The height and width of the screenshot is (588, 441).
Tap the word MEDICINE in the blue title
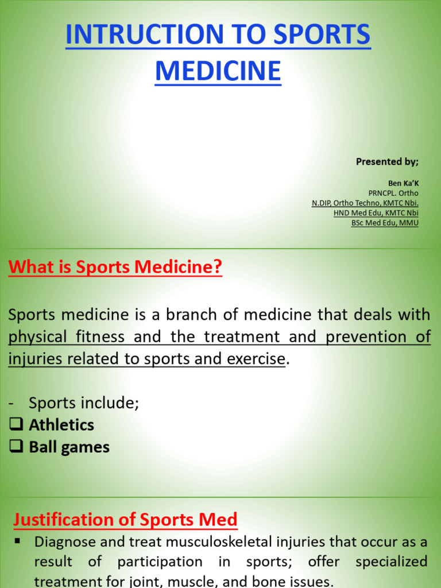pyautogui.click(x=218, y=71)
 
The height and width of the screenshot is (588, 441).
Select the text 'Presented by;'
pyautogui.click(x=387, y=161)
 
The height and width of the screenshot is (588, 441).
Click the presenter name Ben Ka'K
pyautogui.click(x=403, y=183)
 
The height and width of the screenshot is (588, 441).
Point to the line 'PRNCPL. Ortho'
pyautogui.click(x=393, y=193)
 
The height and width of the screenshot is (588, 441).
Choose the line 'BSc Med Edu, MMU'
pyautogui.click(x=385, y=223)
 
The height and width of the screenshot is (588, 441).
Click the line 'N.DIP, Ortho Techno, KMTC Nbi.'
pyautogui.click(x=365, y=203)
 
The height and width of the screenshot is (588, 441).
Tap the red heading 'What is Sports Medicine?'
pyautogui.click(x=115, y=267)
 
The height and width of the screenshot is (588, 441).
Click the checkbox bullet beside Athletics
pyautogui.click(x=16, y=425)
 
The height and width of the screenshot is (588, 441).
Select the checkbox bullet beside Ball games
pyautogui.click(x=16, y=447)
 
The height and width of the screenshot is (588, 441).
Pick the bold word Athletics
pyautogui.click(x=61, y=425)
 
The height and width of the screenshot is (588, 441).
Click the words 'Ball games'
pyautogui.click(x=69, y=447)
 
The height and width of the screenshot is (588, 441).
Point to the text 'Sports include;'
pyautogui.click(x=84, y=403)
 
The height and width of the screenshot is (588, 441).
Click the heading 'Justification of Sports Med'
pyautogui.click(x=125, y=520)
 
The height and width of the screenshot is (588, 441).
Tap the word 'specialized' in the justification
pyautogui.click(x=391, y=561)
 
